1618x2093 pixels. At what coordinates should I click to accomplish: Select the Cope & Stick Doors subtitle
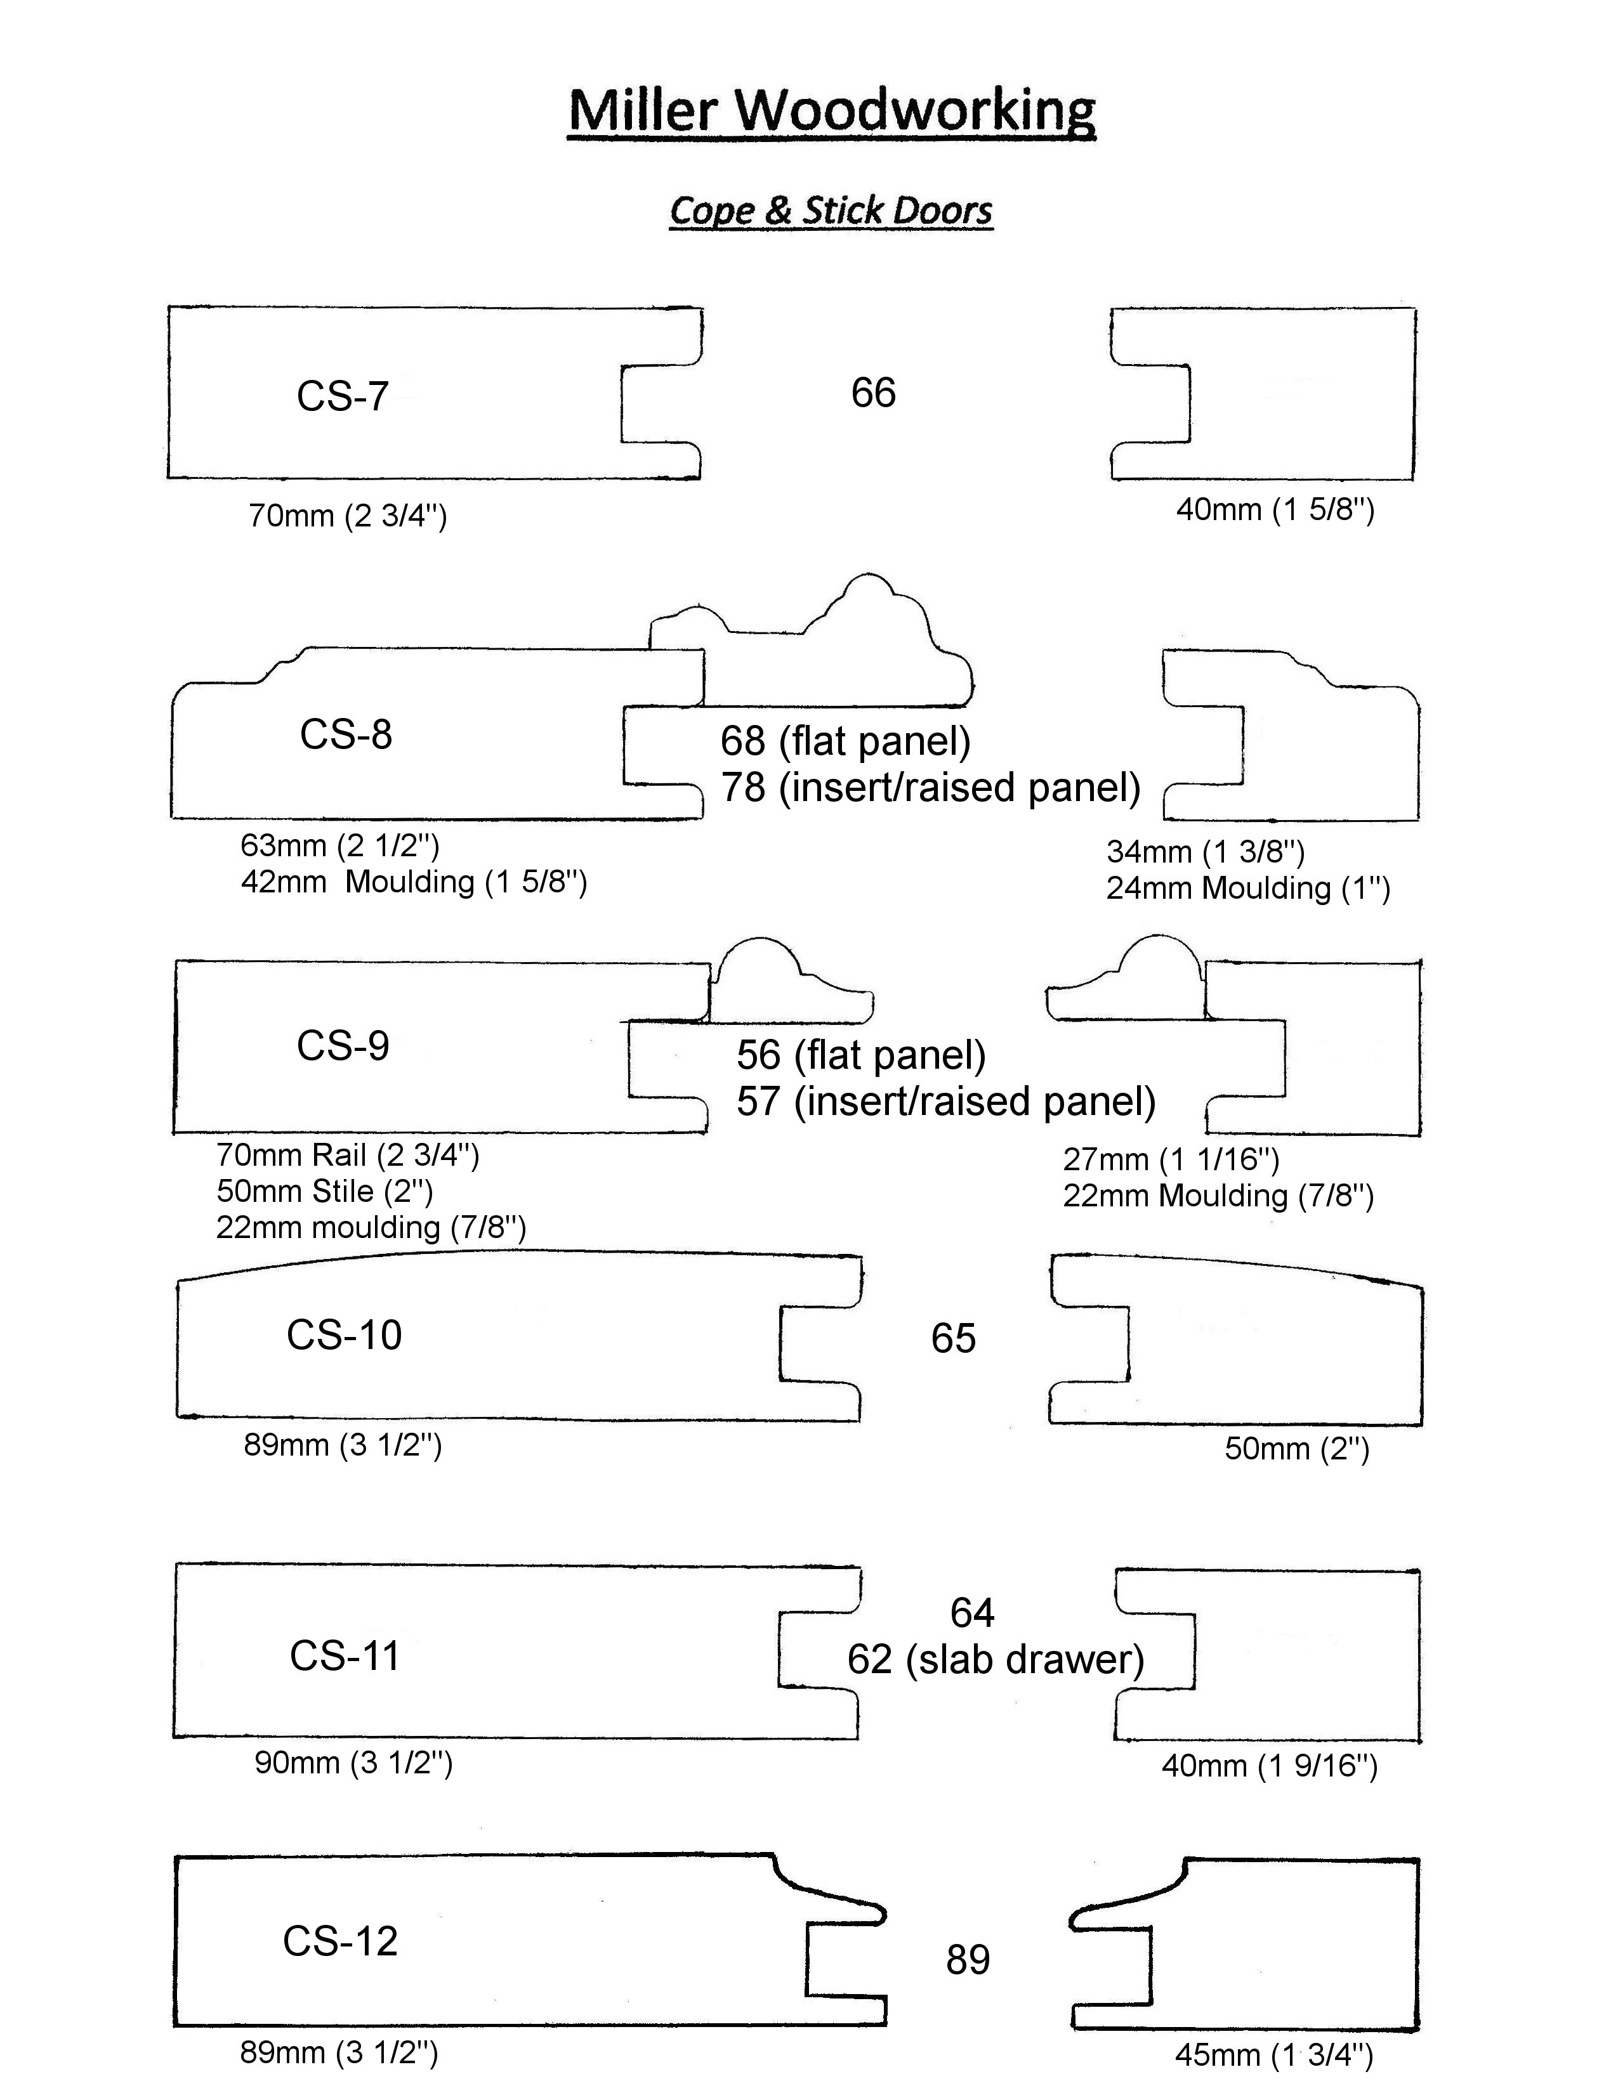point(831,211)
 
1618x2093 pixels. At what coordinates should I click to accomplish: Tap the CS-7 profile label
point(342,396)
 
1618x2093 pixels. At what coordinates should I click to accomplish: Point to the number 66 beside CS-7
point(873,393)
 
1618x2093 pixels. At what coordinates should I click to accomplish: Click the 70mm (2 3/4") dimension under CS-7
point(348,516)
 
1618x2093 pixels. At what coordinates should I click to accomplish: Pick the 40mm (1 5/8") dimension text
point(1275,509)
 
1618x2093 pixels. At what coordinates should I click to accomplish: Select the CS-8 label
point(346,735)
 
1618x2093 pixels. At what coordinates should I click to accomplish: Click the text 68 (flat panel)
point(845,741)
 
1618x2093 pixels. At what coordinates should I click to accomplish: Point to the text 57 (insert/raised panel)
point(946,1101)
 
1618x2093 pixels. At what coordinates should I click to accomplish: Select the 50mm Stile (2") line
point(325,1191)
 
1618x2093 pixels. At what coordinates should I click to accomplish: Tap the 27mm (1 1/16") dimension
point(1171,1159)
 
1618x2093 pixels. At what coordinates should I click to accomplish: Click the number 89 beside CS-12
point(967,1960)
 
